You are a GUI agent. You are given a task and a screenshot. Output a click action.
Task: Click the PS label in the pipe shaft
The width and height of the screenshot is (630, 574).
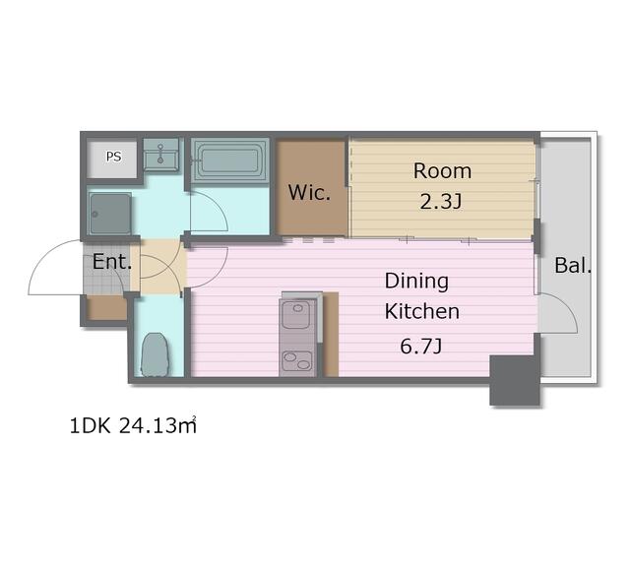pyautogui.click(x=114, y=157)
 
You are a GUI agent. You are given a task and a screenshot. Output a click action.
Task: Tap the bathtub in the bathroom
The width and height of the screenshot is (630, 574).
pyautogui.click(x=229, y=160)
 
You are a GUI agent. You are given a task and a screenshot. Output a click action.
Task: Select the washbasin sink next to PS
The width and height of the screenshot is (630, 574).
pyautogui.click(x=160, y=155)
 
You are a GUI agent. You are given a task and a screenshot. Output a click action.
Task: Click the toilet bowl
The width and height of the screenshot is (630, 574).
pyautogui.click(x=155, y=354)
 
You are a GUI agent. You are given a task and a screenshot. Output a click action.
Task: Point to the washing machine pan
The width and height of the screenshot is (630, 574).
pyautogui.click(x=110, y=213)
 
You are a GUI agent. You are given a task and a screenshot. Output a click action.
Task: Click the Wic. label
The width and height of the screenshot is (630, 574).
pyautogui.click(x=309, y=193)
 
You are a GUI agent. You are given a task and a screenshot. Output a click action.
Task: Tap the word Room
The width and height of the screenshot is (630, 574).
pyautogui.click(x=442, y=171)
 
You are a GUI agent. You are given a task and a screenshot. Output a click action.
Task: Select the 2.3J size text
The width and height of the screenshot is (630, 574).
pyautogui.click(x=441, y=201)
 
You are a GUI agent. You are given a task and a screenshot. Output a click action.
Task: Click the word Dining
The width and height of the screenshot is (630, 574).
pyautogui.click(x=416, y=281)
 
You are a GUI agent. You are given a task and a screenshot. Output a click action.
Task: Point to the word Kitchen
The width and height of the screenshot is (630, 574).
pyautogui.click(x=422, y=311)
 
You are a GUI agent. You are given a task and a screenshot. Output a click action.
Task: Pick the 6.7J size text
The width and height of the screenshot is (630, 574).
pyautogui.click(x=421, y=346)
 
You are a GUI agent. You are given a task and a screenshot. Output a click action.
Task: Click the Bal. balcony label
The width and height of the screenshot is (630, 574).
pyautogui.click(x=573, y=265)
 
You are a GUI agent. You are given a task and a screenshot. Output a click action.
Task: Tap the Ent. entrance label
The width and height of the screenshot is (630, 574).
pyautogui.click(x=112, y=261)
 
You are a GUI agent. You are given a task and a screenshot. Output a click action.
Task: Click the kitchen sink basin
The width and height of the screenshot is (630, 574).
pyautogui.click(x=297, y=314)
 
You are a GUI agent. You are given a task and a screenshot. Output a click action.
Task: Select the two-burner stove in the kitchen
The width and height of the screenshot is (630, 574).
pyautogui.click(x=297, y=361)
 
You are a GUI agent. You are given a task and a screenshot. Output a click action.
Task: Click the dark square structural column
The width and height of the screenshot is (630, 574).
pyautogui.click(x=514, y=380)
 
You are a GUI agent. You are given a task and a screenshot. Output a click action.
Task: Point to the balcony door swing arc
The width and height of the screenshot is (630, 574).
pyautogui.click(x=567, y=307)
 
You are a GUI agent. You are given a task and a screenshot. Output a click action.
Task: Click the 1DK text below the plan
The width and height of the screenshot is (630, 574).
pyautogui.click(x=90, y=426)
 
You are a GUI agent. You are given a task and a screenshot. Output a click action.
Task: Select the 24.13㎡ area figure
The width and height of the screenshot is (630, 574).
pyautogui.click(x=157, y=425)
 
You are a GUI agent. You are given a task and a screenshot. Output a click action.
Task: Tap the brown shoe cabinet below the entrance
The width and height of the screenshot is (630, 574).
pyautogui.click(x=107, y=308)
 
